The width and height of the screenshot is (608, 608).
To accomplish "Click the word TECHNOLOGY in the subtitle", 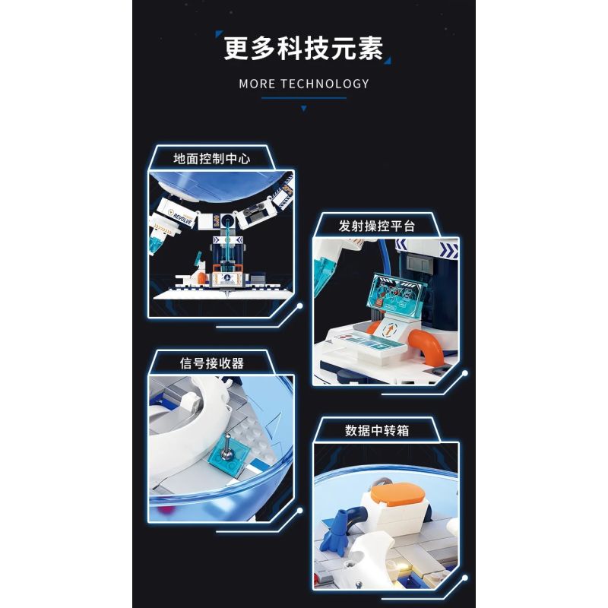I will point(325,84).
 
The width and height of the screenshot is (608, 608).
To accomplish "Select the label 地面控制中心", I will point(211,159).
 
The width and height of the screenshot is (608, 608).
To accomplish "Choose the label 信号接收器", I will point(208,363).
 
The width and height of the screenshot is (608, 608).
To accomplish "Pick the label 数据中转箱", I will point(377,429).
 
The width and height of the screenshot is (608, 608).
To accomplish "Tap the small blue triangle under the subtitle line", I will point(304,109).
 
